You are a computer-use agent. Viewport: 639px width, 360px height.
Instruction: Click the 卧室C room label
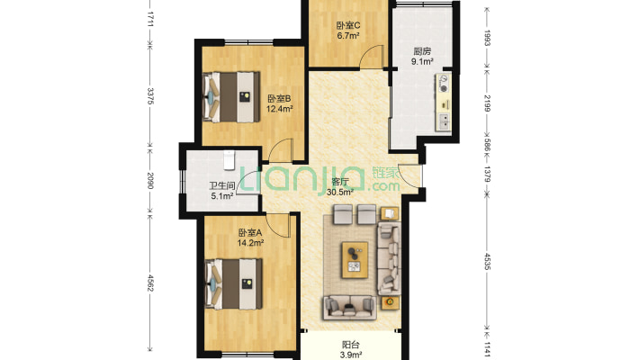point(347,25)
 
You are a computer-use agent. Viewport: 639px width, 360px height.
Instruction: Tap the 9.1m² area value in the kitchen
point(422,62)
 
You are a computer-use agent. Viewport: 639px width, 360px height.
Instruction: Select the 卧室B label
point(279,99)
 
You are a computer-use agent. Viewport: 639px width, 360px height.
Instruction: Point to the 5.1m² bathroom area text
point(222,196)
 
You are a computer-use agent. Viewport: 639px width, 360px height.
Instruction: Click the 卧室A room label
point(250,233)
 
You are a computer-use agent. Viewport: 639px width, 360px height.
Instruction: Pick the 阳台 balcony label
point(350,345)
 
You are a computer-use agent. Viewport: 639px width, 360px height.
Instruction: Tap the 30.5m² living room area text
point(339,192)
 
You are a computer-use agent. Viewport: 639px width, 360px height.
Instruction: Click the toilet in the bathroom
point(229,160)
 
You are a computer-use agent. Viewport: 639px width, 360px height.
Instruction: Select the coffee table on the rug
point(355,260)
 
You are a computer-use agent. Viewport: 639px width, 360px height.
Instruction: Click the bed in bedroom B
point(231,97)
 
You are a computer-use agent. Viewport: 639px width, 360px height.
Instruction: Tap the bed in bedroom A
point(233,283)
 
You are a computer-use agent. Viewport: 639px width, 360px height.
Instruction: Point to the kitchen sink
point(445,121)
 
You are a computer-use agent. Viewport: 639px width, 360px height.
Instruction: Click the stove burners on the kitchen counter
point(443,83)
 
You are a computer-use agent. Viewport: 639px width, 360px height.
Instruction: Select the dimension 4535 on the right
point(487,261)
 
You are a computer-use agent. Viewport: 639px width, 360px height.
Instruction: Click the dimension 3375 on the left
point(150,95)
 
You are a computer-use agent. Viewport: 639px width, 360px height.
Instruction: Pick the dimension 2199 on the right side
point(487,103)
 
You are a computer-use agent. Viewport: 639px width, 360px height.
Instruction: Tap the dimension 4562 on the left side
point(150,283)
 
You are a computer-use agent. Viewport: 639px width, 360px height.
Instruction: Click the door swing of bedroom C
point(372,57)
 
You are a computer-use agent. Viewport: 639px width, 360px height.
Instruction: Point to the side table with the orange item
point(390,302)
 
